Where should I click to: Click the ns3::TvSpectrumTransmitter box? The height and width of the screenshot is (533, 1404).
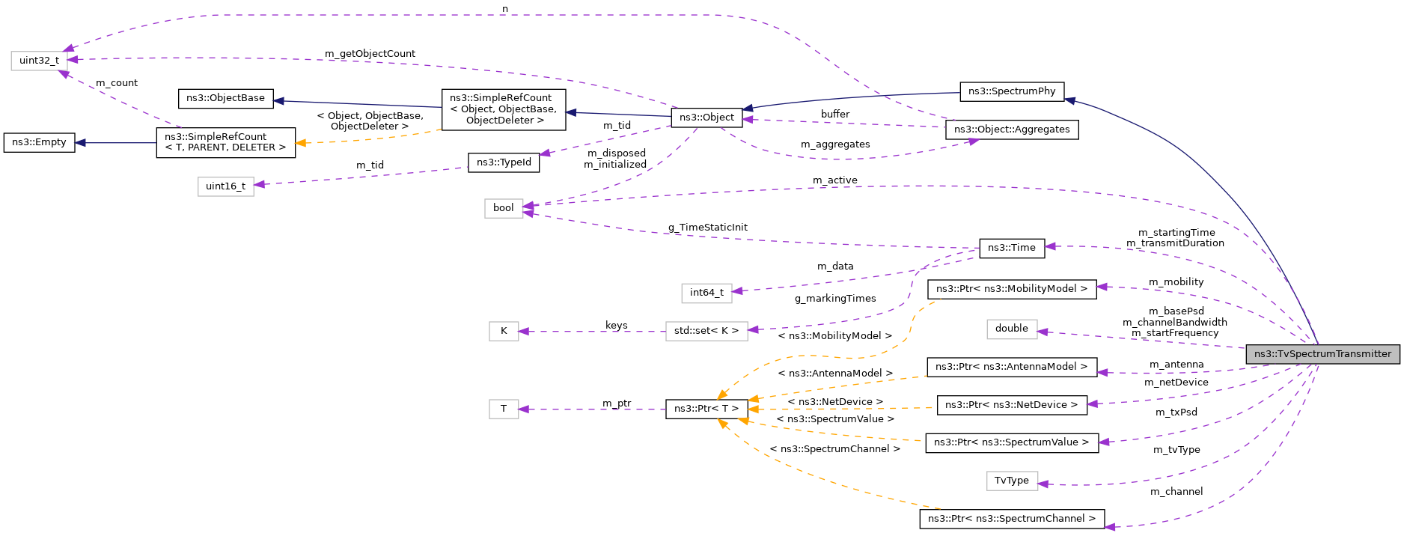(x=1322, y=354)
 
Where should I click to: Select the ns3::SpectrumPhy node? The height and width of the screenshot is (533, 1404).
(x=1011, y=91)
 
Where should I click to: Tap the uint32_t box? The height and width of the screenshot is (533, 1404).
(x=39, y=61)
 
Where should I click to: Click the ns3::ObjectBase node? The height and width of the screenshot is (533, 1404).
(x=225, y=98)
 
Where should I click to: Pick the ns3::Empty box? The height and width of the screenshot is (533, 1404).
(x=39, y=142)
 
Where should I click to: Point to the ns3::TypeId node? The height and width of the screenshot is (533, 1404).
(x=504, y=162)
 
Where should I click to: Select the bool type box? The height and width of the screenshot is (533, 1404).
(x=503, y=208)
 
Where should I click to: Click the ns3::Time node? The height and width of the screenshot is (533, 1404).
(x=1011, y=248)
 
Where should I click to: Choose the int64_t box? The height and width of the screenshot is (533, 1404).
(x=706, y=293)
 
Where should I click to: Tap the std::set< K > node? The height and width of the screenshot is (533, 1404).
(x=706, y=331)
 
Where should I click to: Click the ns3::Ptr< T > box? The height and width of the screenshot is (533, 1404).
(x=706, y=409)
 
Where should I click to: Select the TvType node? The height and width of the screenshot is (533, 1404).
(x=1011, y=481)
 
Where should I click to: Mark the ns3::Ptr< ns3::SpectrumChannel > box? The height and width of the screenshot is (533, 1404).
(x=1011, y=519)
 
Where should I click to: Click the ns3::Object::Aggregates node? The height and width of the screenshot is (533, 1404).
(x=1011, y=130)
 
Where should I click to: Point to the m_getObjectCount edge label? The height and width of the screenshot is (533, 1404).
(x=370, y=54)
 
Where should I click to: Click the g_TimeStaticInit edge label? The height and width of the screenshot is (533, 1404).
(x=707, y=228)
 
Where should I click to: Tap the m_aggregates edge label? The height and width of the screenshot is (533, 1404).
(x=834, y=144)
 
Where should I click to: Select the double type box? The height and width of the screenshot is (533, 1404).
(x=1011, y=329)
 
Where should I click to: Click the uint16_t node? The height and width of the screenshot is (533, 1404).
(x=225, y=186)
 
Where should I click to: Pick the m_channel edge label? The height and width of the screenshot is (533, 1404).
(x=1176, y=492)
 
